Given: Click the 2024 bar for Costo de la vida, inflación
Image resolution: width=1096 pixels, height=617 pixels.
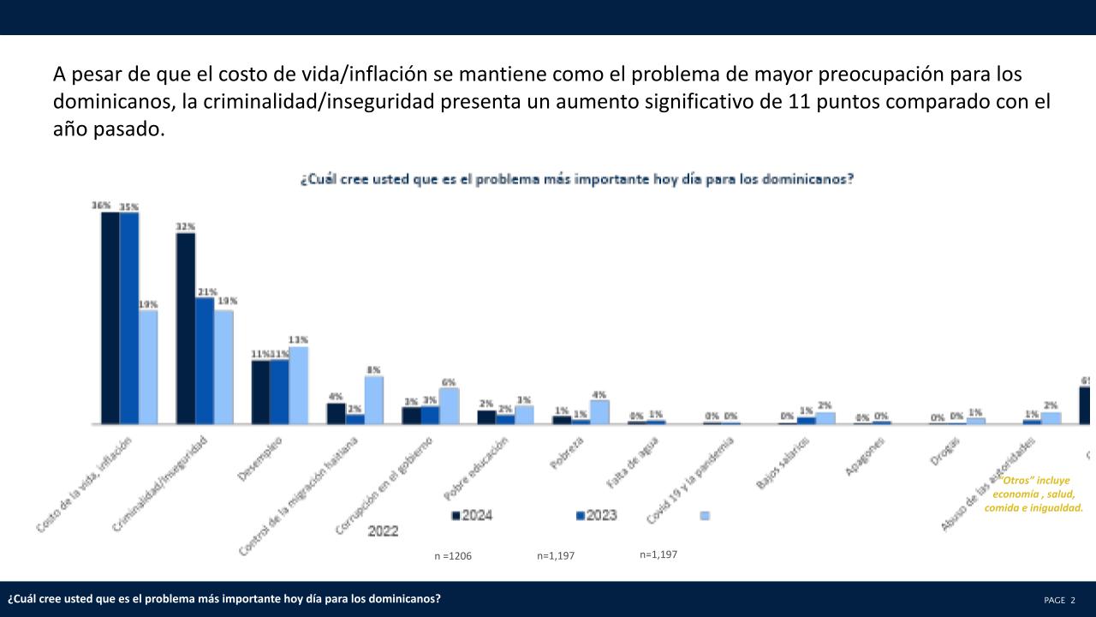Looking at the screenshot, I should click(x=110, y=318).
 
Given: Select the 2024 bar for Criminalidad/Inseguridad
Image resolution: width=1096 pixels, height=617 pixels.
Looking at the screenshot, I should click(x=185, y=328).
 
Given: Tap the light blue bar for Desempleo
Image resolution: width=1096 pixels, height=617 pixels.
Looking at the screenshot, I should click(x=298, y=385).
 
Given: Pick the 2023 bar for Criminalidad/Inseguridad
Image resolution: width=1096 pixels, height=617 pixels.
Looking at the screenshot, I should click(x=204, y=361).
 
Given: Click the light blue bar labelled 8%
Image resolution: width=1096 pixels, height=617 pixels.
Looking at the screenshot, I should click(x=373, y=400).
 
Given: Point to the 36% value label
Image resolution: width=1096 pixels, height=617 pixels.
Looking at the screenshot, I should click(x=101, y=206).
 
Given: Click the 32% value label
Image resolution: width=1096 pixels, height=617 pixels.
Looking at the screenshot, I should click(x=185, y=226).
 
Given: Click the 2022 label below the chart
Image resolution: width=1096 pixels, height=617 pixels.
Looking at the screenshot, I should click(x=383, y=531).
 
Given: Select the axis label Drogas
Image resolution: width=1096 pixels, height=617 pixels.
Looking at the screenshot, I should click(x=944, y=451).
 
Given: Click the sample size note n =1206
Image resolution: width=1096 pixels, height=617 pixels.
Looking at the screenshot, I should click(x=453, y=556).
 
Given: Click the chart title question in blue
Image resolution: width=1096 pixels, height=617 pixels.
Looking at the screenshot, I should click(x=575, y=181).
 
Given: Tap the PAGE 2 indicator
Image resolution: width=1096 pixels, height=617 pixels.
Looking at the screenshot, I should click(x=1059, y=600).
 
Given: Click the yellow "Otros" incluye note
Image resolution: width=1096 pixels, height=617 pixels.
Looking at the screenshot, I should click(x=1033, y=494).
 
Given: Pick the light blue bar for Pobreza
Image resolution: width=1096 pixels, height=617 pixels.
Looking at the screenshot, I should click(x=599, y=412).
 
